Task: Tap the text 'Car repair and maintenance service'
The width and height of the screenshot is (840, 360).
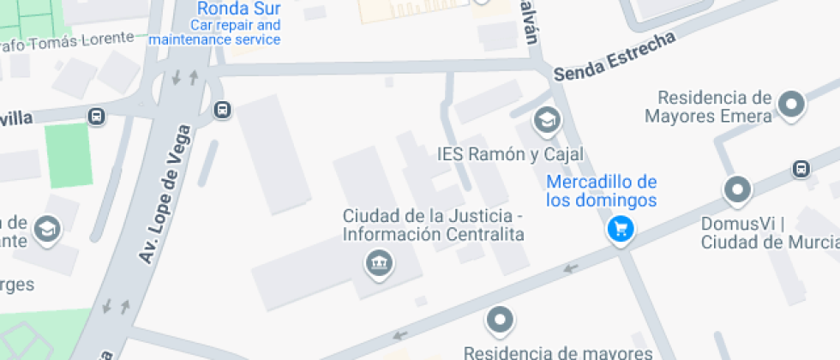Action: (x=214, y=33)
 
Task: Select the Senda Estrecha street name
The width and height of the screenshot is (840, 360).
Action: (x=615, y=57)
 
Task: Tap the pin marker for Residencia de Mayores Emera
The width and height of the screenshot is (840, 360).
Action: (x=791, y=105)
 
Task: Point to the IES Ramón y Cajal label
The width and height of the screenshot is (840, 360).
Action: (x=510, y=154)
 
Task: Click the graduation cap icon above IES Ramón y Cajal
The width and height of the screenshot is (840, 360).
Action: (x=545, y=121)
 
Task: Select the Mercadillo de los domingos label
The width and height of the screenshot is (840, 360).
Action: (x=602, y=191)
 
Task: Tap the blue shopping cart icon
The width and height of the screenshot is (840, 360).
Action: (x=620, y=229)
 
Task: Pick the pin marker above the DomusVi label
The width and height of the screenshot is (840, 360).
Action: (x=737, y=189)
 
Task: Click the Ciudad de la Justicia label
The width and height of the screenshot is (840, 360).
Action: (x=433, y=224)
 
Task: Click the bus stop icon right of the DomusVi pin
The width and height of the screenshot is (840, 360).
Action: (x=801, y=169)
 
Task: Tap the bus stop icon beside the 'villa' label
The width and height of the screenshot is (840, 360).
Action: (x=96, y=117)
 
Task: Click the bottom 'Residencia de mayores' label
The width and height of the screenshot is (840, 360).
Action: (x=557, y=351)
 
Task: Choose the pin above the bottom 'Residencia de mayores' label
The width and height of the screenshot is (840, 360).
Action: (x=499, y=321)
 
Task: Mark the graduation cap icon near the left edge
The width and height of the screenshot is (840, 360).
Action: (x=46, y=228)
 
